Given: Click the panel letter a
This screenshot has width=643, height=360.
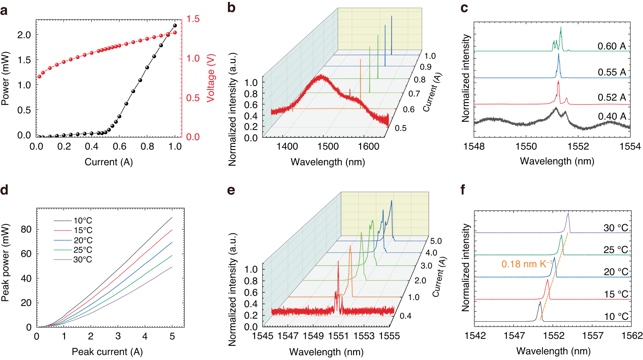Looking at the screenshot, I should tap(4, 11).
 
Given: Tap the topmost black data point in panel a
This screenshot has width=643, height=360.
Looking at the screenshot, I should tap(175, 25).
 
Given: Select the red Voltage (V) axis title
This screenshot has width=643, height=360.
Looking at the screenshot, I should tap(211, 78).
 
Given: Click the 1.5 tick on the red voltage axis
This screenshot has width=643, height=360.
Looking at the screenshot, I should tap(193, 19).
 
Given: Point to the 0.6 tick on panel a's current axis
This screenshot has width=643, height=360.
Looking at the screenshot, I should tap(119, 147).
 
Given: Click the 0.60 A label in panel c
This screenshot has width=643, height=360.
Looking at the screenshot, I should tap(612, 46).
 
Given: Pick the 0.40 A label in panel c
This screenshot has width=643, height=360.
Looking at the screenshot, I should tap(612, 116).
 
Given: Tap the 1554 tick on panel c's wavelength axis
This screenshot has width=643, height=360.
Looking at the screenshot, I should tap(630, 147).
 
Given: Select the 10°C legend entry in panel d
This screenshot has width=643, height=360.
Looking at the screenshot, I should tap(83, 221).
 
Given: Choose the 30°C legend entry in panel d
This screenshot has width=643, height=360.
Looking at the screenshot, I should tap(83, 260).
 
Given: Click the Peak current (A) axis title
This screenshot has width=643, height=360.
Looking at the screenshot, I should tap(107, 352).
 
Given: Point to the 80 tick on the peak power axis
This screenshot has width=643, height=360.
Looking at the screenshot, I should tap(26, 230).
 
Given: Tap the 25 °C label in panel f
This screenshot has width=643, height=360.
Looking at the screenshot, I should tap(616, 250).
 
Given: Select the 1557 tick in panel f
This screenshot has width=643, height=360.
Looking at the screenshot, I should tap(593, 336).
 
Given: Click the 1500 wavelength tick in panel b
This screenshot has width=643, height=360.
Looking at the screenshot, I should tap(328, 147).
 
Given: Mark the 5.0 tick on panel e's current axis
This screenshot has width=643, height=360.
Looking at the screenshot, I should tap(436, 241).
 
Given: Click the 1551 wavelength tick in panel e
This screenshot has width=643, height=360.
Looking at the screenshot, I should tap(339, 336).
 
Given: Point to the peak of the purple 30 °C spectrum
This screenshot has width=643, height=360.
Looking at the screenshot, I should tap(568, 213).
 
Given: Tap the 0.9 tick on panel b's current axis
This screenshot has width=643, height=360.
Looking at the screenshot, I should tap(425, 67).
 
